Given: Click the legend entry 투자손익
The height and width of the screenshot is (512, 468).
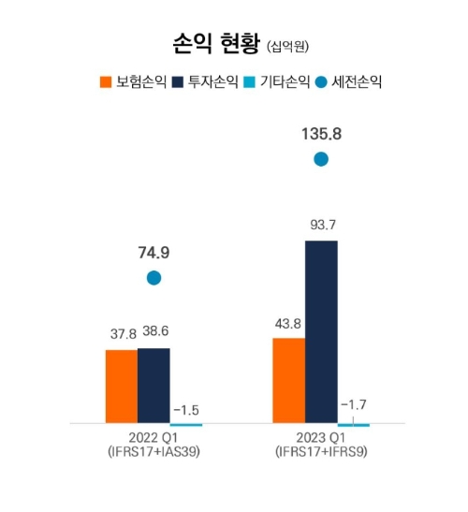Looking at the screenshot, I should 206,81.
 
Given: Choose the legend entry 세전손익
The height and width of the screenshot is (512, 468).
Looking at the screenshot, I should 353,81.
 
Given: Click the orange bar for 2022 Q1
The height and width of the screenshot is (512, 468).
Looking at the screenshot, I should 121,387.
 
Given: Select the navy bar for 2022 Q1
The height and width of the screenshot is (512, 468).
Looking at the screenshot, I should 154,386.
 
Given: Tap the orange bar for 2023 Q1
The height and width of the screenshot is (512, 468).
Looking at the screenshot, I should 288,380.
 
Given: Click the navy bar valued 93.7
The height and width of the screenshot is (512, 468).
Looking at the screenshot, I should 321,332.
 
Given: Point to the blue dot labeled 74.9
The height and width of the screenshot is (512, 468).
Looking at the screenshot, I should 154,278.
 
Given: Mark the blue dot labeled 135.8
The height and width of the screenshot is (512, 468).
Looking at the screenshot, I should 321,159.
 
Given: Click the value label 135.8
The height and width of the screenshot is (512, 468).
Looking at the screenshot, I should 321,134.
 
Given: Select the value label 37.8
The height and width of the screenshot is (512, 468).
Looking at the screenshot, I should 121,333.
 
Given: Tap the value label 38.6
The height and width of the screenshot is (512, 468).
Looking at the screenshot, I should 155,332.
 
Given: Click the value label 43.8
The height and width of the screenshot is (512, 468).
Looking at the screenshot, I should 288,324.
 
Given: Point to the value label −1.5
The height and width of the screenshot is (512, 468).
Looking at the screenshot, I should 187,410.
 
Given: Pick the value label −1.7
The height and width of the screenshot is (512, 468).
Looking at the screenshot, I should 354,404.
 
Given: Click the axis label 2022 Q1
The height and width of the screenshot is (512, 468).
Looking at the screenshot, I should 154,437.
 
